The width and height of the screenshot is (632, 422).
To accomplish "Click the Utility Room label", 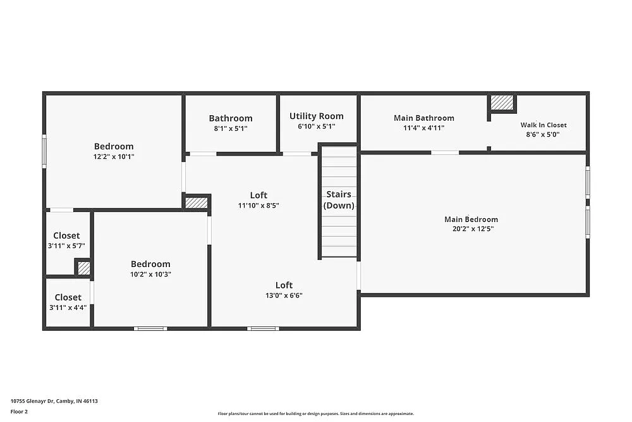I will click(x=317, y=116).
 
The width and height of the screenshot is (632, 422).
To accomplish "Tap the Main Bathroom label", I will click(x=423, y=118).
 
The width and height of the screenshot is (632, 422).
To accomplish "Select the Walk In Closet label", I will click(x=544, y=125).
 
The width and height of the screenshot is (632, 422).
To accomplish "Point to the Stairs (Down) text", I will click(x=339, y=200).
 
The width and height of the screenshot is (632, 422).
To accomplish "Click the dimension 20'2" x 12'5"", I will click(x=473, y=229).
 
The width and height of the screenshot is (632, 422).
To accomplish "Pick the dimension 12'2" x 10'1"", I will click(x=114, y=156).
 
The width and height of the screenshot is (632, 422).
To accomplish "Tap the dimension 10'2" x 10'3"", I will click(x=150, y=274).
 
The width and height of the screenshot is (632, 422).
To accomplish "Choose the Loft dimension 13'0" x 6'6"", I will click(x=284, y=295).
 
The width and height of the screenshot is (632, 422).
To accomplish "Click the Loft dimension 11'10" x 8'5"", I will click(x=258, y=205).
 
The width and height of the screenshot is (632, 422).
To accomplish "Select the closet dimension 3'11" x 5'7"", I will click(x=66, y=245).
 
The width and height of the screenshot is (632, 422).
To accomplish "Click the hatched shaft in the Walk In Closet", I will click(x=502, y=102).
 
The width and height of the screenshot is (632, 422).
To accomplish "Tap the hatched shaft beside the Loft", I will click(x=197, y=202).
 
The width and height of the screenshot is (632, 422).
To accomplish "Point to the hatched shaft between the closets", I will click(x=83, y=268).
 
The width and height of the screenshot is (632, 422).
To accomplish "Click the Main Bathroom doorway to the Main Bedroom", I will click(x=445, y=152).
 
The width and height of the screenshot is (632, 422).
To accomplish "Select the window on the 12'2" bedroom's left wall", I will click(x=44, y=151).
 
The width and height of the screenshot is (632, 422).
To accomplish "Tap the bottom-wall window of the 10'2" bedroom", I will click(x=150, y=328).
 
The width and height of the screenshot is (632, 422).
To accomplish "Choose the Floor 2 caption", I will click(x=19, y=411).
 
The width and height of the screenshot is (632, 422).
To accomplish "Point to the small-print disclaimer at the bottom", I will click(x=316, y=413).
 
